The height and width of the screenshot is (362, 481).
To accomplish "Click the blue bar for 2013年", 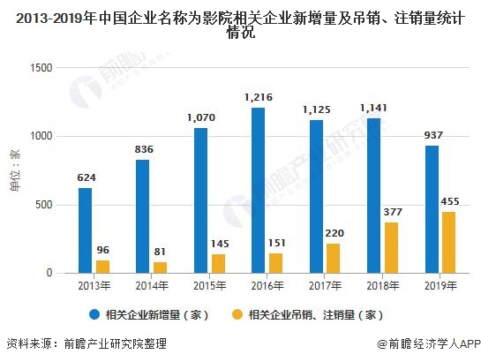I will coord(85,230).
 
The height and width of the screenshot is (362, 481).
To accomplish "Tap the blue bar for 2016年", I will coord(259,190).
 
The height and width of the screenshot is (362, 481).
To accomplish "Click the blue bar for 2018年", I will coord(374,195).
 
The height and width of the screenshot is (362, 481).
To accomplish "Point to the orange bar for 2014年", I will coord(161,268).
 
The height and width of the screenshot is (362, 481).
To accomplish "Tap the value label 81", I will coord(161,252).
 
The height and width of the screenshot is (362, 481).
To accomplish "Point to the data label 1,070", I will coord(201,117).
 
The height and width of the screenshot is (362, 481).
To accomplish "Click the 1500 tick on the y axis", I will coord(41,68).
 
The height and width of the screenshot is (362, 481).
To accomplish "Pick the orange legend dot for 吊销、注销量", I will coord(237,314).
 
